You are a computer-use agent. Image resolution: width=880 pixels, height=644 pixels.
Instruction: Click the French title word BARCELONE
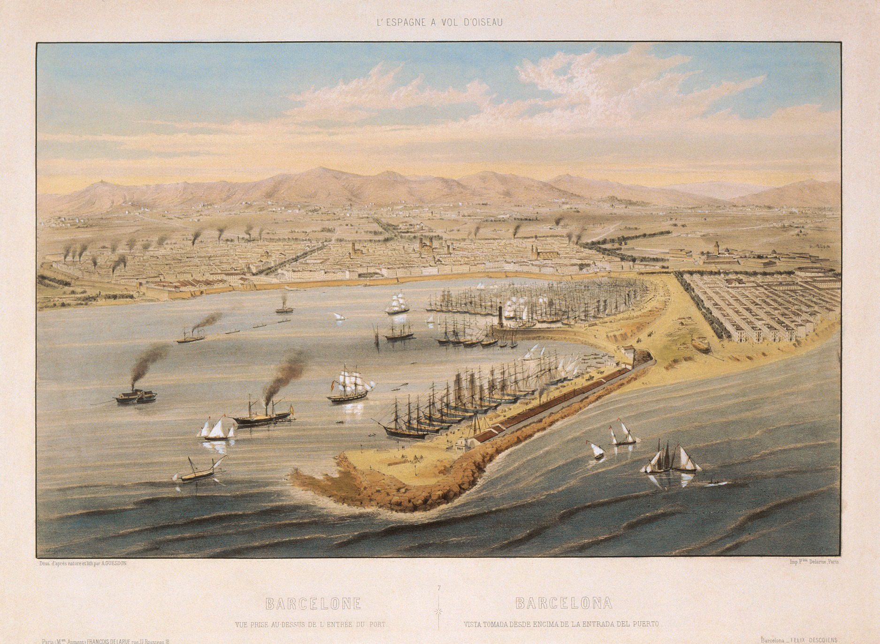pyautogui.click(x=313, y=603)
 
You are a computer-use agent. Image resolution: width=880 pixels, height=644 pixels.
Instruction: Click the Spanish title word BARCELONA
pyautogui.click(x=564, y=603)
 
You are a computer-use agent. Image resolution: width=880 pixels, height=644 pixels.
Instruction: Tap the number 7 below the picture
pyautogui.click(x=439, y=587)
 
